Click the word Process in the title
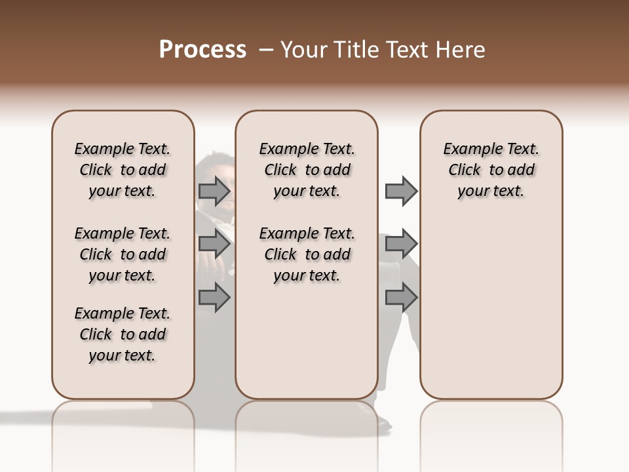(202, 50)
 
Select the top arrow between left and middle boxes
(214, 191)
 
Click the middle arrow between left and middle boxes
(214, 245)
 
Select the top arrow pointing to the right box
(401, 191)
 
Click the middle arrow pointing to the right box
(401, 245)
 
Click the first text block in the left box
(123, 170)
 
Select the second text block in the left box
(123, 254)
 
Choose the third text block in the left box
(123, 334)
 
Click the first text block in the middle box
(307, 170)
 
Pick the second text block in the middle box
(307, 254)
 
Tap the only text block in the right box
(491, 170)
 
